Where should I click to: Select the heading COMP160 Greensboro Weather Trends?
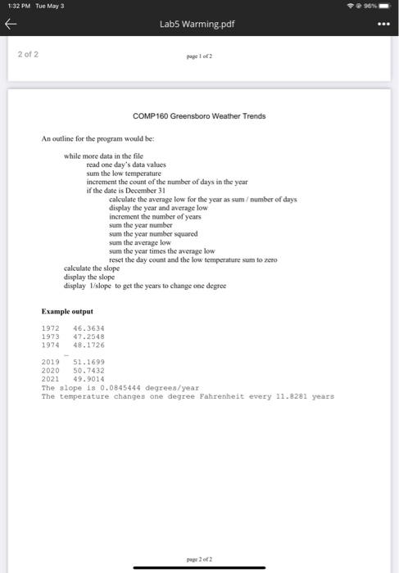coord(200,116)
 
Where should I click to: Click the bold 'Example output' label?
coord(67,311)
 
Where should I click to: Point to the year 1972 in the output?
coord(50,328)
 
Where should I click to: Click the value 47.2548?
coord(88,336)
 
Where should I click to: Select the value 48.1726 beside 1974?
coord(88,345)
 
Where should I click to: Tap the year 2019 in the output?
coord(50,363)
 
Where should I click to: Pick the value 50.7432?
coord(88,372)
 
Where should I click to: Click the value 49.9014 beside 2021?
coord(88,380)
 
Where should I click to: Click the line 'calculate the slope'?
coord(92,268)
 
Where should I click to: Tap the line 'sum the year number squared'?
coord(152,232)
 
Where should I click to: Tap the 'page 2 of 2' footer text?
coord(200,558)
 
